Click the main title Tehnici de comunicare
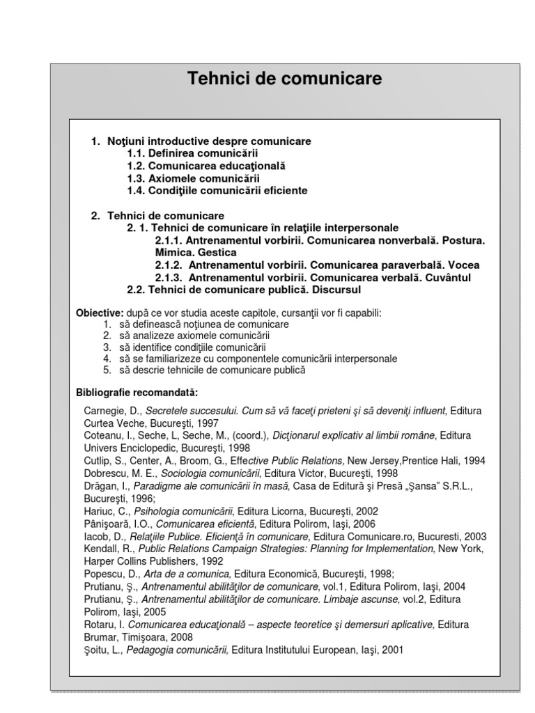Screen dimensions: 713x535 click(x=284, y=79)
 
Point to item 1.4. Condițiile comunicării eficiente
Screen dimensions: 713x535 click(x=217, y=190)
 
